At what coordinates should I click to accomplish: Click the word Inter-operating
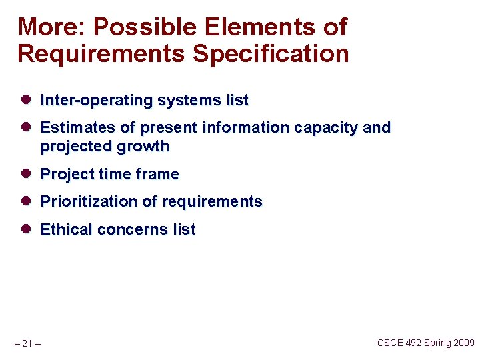point(97,101)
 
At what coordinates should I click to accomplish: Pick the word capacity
point(326,127)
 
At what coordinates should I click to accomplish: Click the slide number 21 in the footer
point(27,343)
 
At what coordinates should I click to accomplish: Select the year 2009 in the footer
point(463,343)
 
